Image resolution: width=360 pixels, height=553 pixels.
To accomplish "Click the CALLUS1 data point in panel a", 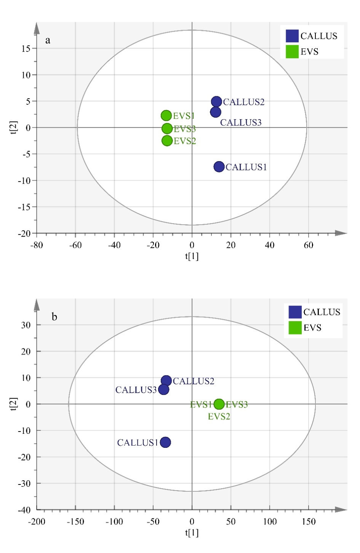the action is point(219,167).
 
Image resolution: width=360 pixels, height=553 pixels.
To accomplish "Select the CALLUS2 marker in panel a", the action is point(216,101).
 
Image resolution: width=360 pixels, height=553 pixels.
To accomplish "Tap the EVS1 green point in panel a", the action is point(166,115).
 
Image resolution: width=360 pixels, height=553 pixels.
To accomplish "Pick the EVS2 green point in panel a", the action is point(167,141).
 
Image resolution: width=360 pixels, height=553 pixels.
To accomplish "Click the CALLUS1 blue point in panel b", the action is point(165,442).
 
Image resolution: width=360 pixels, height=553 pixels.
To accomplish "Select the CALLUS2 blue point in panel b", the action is point(166,380).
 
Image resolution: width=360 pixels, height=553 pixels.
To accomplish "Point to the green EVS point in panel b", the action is point(219,404).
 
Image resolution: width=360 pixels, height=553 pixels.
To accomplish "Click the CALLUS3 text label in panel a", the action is point(241,123).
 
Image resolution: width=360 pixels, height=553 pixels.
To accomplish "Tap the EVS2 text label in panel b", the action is point(219,417).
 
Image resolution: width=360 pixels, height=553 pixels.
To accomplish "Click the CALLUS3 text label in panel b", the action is point(136,390).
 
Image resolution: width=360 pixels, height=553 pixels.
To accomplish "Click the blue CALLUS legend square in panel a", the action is point(292,36).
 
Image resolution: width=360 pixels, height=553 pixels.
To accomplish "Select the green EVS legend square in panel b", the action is point(295,328).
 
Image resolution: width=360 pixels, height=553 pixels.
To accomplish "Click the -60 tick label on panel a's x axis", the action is point(75,245).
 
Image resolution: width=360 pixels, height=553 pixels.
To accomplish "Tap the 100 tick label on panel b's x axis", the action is point(270,522).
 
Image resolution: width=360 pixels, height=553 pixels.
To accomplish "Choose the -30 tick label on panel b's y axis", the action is point(24,483).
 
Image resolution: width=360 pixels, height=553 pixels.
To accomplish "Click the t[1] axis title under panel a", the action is point(192,256).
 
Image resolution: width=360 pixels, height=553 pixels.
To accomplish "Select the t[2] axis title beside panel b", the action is point(14,404).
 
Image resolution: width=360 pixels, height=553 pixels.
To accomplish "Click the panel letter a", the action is point(48,40).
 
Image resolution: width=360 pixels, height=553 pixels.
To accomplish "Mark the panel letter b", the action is point(54,316).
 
